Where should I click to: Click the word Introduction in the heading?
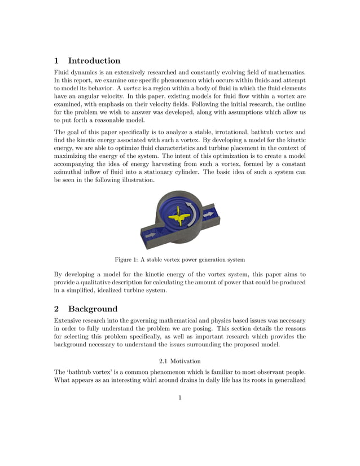click(x=94, y=60)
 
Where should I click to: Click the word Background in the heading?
click(x=93, y=309)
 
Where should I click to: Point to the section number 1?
click(x=56, y=60)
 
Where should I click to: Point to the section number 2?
click(x=56, y=309)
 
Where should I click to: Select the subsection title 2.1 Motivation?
click(x=179, y=361)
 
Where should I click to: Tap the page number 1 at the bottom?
click(x=179, y=398)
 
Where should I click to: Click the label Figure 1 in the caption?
click(x=127, y=260)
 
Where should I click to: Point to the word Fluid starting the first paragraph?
click(x=62, y=72)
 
